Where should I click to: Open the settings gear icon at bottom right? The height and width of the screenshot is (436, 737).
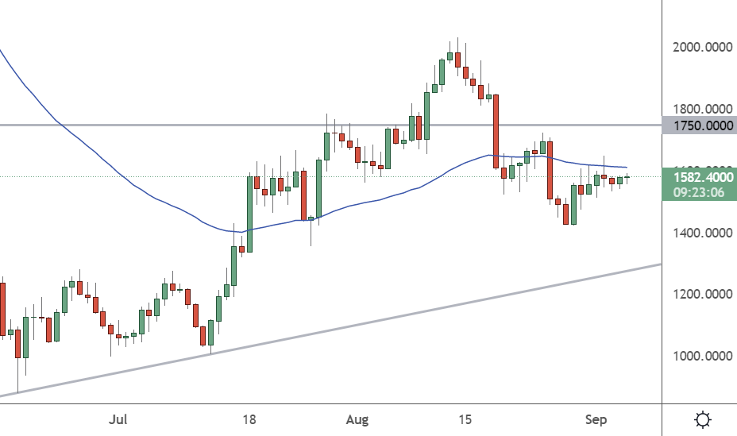point(702,419)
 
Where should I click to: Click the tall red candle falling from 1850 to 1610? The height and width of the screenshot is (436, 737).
point(496,131)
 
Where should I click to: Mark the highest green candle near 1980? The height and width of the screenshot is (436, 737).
point(450,56)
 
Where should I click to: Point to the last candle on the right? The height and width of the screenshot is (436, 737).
point(627,178)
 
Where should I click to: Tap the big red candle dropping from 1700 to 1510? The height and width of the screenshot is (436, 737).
point(550,170)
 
